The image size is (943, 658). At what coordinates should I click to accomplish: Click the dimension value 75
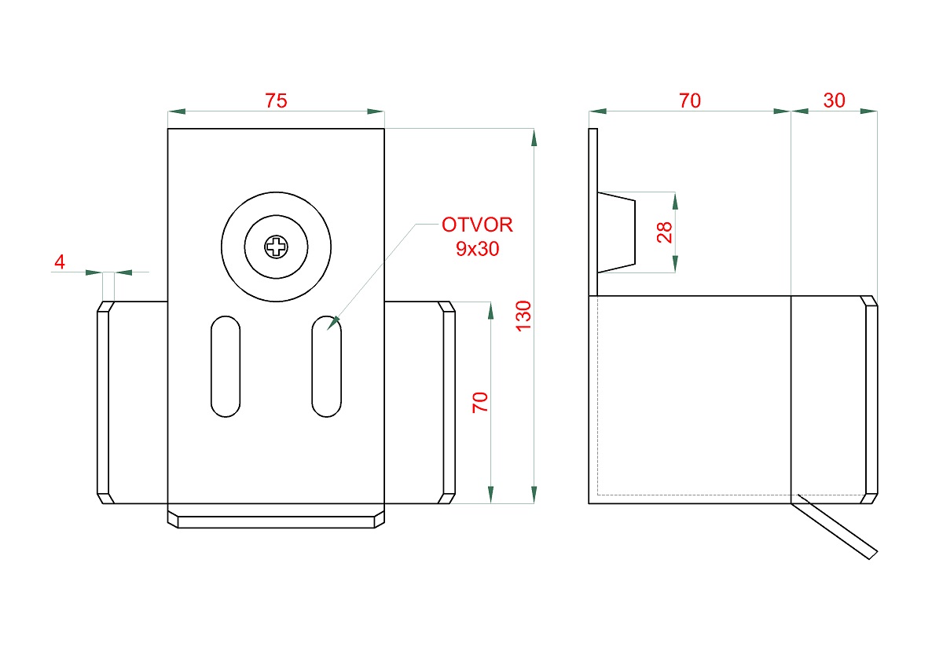click(276, 101)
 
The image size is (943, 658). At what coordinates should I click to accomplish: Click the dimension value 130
click(523, 316)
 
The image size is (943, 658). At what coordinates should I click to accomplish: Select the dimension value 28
click(664, 232)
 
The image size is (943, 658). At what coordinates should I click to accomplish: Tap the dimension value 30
click(834, 101)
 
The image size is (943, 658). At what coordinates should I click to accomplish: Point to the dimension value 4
click(60, 261)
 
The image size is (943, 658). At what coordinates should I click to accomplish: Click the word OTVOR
click(478, 225)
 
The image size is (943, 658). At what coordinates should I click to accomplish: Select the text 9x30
click(478, 249)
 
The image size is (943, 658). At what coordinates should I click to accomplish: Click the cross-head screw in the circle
click(276, 247)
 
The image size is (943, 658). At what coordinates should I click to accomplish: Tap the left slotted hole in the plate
click(226, 367)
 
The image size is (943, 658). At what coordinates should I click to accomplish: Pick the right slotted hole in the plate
click(327, 367)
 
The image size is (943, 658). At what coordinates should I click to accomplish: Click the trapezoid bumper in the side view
click(616, 232)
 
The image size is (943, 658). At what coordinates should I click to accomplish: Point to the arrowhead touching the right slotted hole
click(333, 323)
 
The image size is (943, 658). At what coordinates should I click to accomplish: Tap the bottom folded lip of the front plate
click(276, 516)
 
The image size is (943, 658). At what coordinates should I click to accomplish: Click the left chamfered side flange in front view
click(105, 403)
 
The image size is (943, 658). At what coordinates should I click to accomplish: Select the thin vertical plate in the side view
click(593, 213)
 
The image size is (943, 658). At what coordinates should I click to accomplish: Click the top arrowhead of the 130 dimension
click(534, 138)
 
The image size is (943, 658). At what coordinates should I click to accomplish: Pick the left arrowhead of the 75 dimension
click(177, 111)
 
